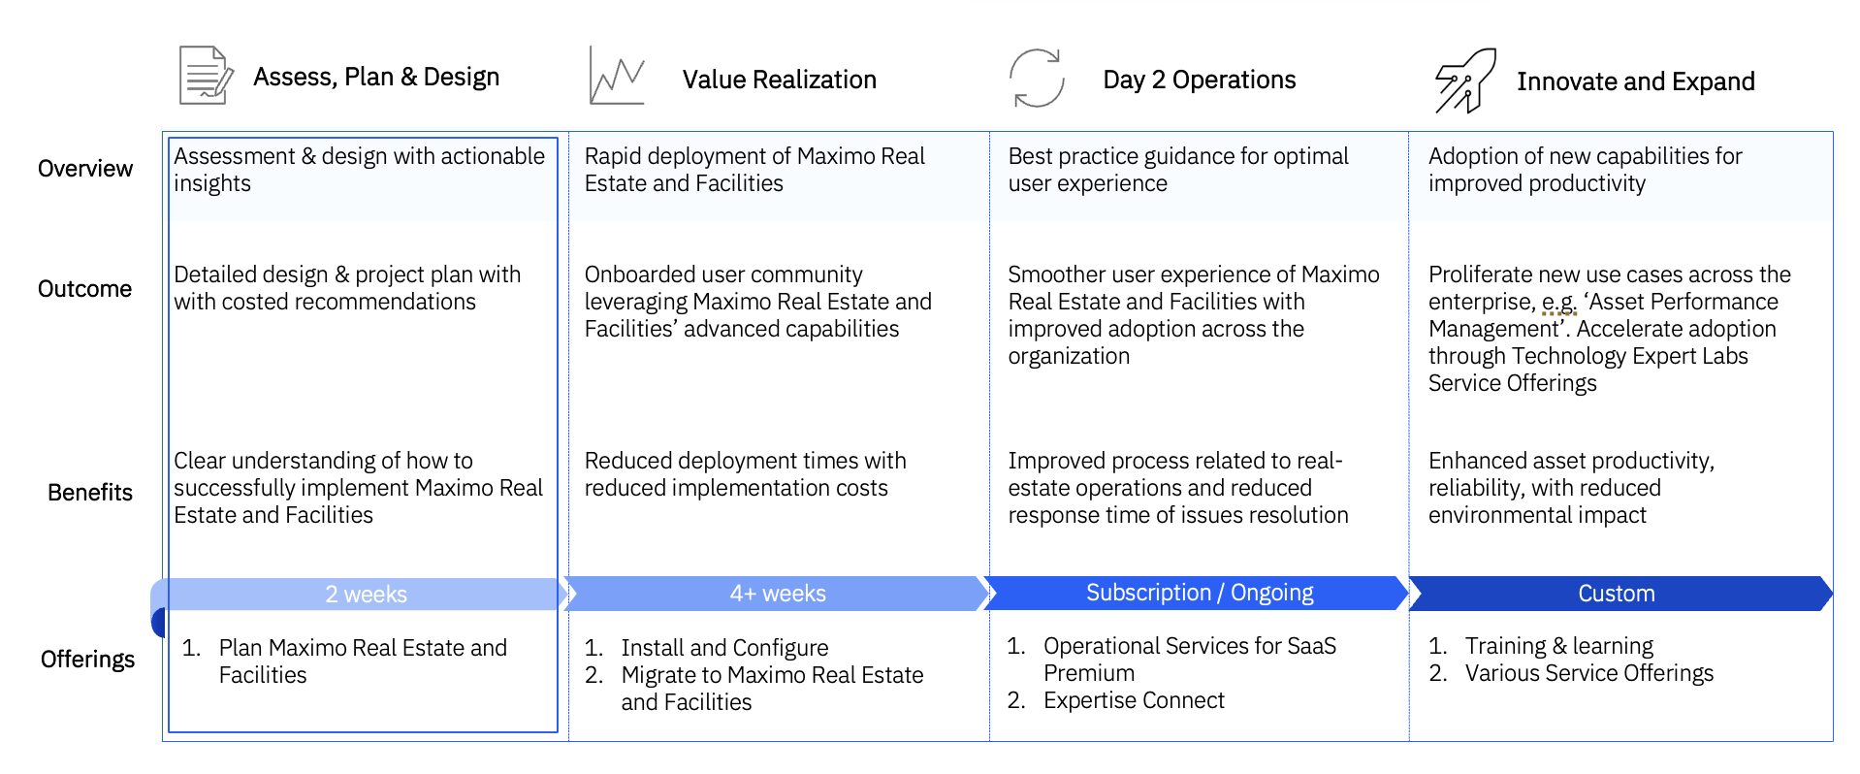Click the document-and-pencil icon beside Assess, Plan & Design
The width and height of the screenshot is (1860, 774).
(x=206, y=75)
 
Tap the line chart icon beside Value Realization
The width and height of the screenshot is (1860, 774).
(x=617, y=76)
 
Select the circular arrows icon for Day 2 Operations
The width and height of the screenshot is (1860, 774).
(x=1037, y=78)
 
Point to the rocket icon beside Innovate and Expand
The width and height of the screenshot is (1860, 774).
(x=1465, y=81)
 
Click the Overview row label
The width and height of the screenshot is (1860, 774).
(x=85, y=169)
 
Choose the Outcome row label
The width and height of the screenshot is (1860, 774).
(x=84, y=289)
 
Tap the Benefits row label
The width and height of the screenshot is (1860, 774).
(x=90, y=493)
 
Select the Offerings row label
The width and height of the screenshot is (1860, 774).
(x=87, y=660)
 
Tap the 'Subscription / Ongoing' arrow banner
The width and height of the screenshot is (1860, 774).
(x=1198, y=593)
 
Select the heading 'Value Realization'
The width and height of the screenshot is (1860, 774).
(x=780, y=80)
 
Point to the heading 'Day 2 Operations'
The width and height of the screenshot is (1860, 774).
(x=1200, y=80)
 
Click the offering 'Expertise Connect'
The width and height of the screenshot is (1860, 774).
(x=1134, y=700)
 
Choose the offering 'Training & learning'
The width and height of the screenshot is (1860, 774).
(x=1559, y=646)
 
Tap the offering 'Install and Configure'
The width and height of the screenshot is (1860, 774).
(x=724, y=648)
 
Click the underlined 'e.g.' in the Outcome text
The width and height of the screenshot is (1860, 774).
(x=1559, y=303)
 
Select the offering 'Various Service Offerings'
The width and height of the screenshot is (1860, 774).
(x=1589, y=673)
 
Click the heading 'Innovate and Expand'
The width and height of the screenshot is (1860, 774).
(x=1636, y=81)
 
